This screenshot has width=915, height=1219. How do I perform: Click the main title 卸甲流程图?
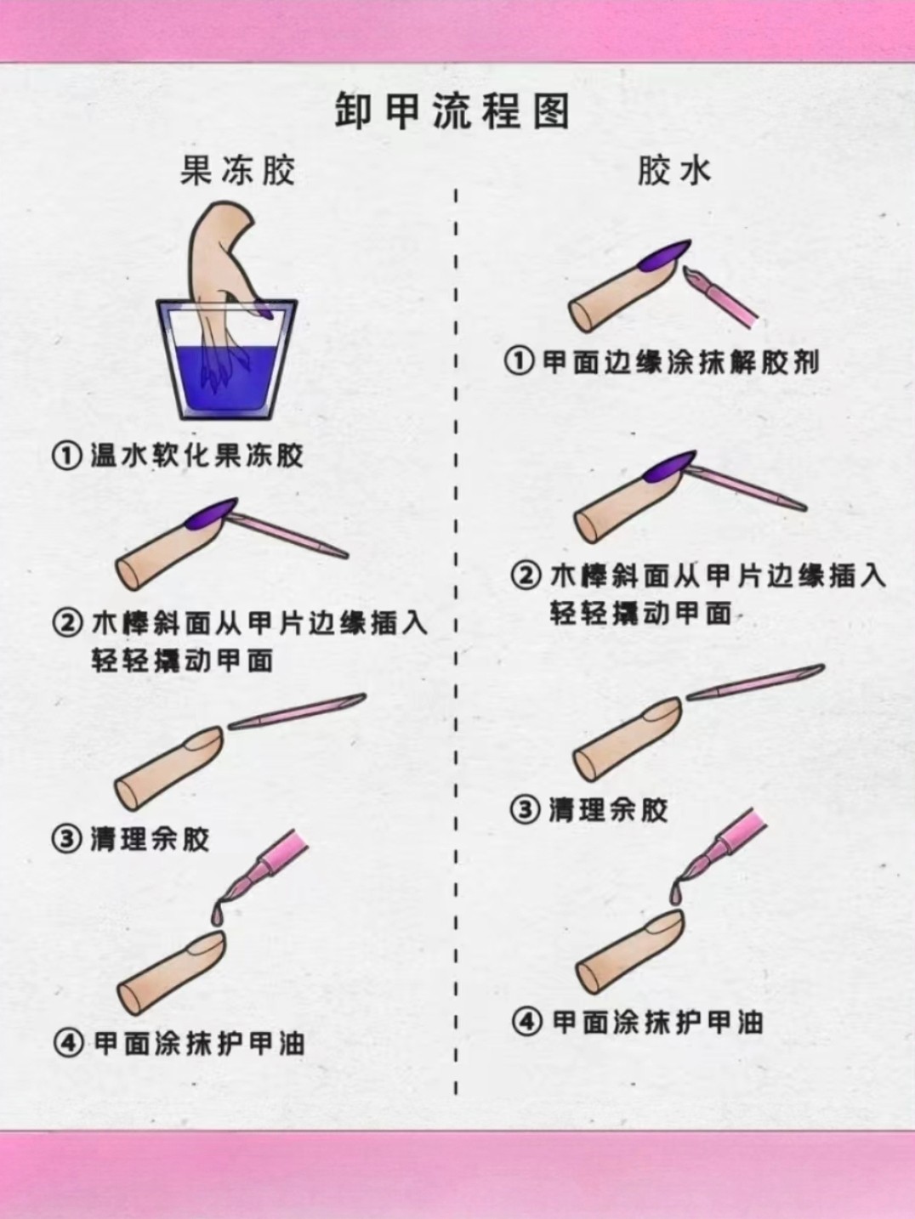[452, 111]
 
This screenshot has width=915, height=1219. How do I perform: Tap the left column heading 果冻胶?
[238, 170]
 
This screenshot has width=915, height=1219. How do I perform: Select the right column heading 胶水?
[673, 170]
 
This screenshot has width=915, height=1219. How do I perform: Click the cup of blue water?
[227, 360]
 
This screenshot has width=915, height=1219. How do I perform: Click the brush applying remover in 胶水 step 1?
[721, 298]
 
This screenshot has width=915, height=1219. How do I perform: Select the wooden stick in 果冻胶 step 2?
[287, 536]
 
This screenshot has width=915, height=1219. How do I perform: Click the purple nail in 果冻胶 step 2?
[211, 515]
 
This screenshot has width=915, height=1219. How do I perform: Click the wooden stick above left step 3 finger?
[298, 711]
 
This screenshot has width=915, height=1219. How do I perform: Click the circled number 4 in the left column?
[68, 1044]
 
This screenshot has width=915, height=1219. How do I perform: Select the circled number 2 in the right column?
[526, 575]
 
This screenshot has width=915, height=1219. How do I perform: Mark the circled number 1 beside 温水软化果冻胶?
[66, 456]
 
